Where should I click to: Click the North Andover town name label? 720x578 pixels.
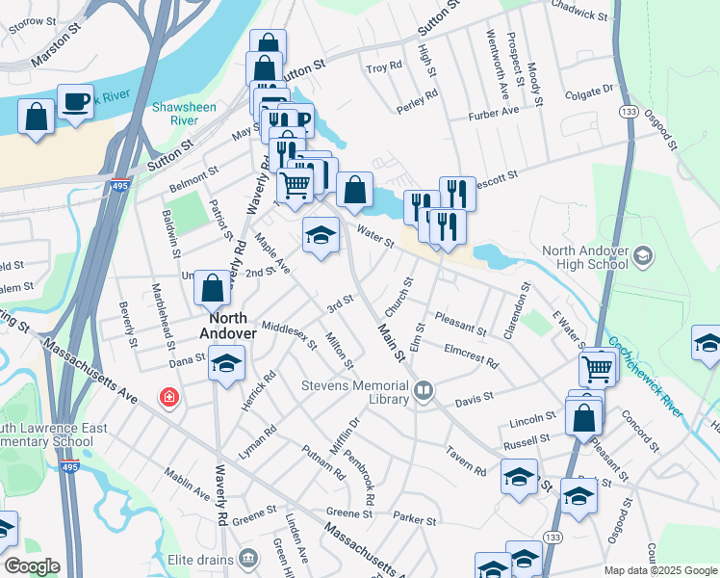(x=227, y=326)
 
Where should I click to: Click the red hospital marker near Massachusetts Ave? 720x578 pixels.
(x=169, y=397)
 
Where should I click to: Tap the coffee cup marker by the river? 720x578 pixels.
(x=75, y=101)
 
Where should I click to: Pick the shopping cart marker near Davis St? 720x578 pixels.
(x=597, y=367)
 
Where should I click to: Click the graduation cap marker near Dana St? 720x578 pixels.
(x=227, y=363)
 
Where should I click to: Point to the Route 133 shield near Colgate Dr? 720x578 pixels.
(x=626, y=112)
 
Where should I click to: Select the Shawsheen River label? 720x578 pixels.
(x=175, y=114)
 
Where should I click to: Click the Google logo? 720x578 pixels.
(x=32, y=566)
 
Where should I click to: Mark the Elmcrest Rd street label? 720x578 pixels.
(x=471, y=355)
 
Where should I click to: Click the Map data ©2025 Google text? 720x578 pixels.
(x=659, y=570)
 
